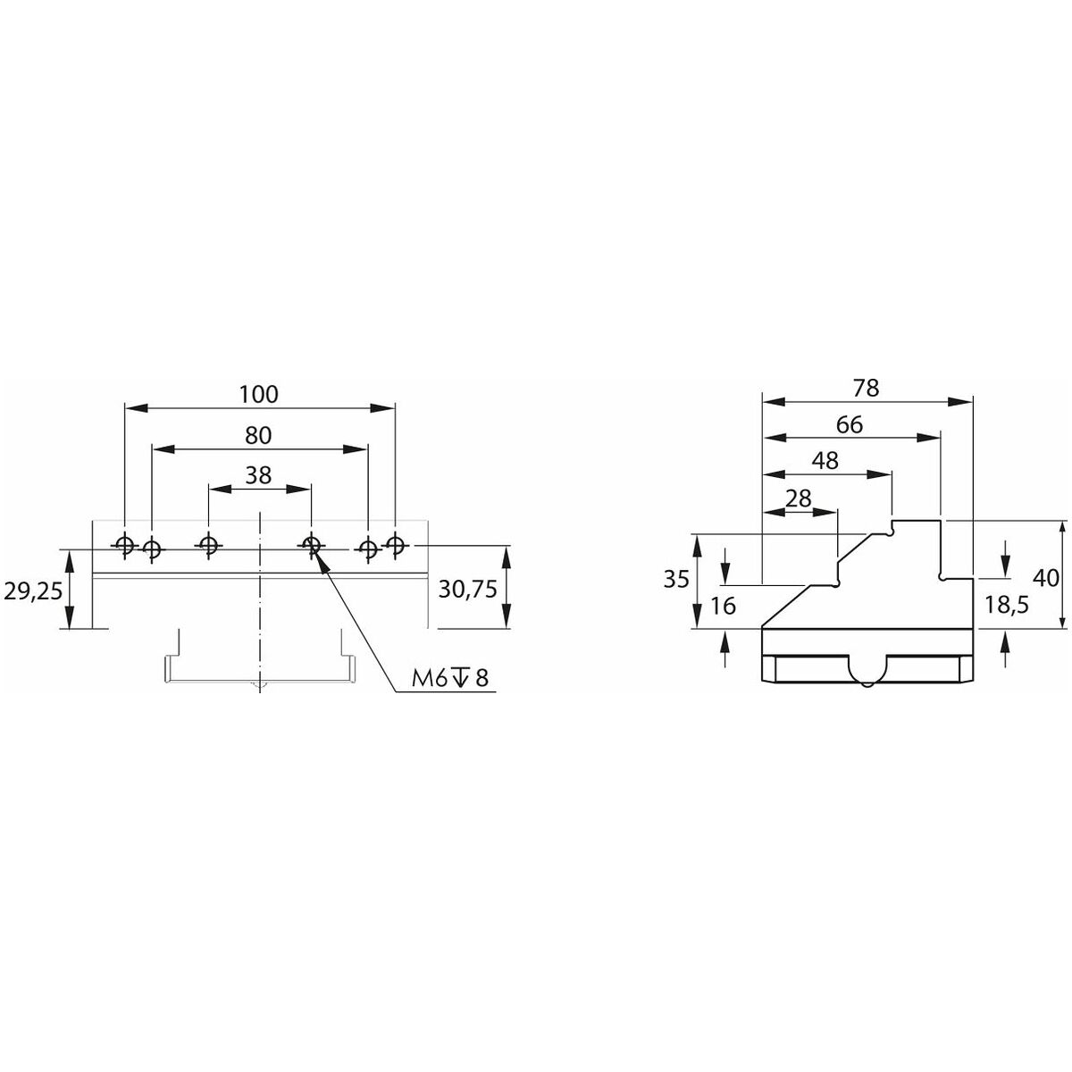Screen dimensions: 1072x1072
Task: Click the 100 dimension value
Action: (258, 394)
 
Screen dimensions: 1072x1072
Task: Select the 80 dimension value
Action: (258, 435)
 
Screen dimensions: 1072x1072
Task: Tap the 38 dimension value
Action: (258, 475)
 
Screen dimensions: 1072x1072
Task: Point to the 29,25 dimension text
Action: (33, 590)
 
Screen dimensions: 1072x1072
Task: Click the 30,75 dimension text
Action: (467, 589)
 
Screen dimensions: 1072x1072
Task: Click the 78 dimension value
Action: (867, 389)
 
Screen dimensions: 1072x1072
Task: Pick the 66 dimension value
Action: (850, 425)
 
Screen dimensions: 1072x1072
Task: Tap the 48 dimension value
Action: (825, 461)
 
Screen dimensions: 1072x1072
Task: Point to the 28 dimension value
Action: (799, 498)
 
